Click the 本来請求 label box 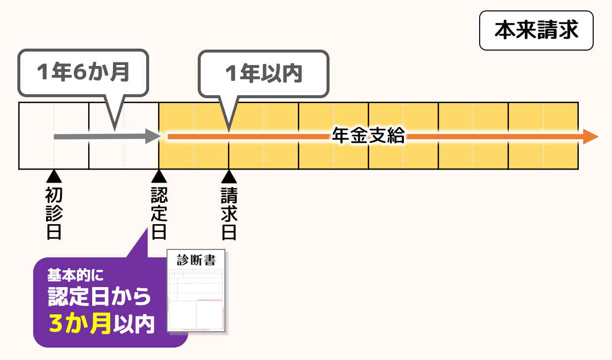[x=536, y=31]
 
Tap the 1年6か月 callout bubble [x=83, y=72]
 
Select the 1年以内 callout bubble [x=263, y=73]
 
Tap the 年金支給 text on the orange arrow [x=368, y=136]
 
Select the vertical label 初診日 [x=53, y=213]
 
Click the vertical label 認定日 [x=159, y=213]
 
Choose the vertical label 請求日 [x=228, y=213]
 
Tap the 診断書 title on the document [x=196, y=260]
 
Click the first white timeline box [x=54, y=135]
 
